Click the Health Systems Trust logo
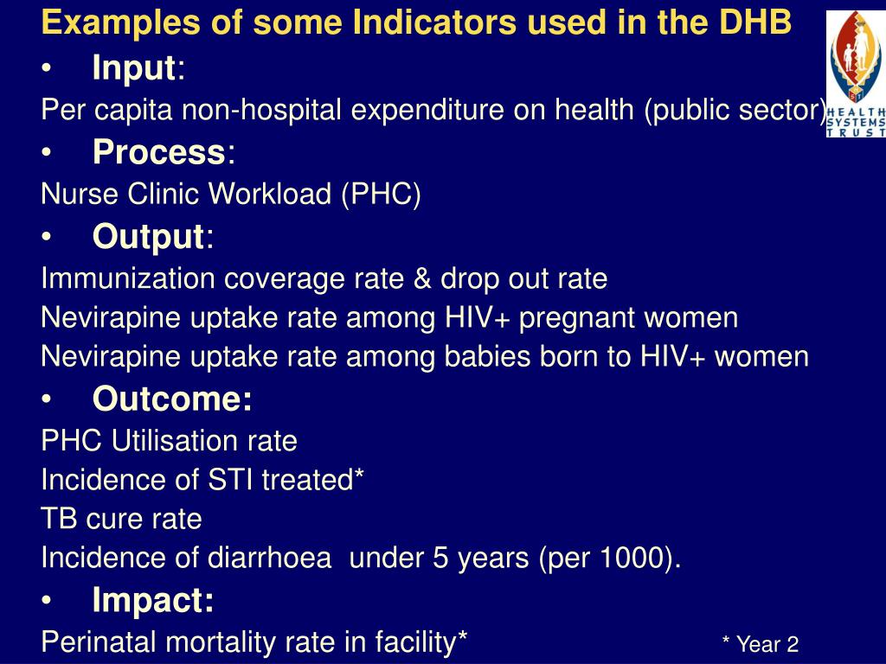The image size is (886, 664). tap(856, 74)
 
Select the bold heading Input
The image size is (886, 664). tap(134, 68)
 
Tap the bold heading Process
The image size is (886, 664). tap(158, 152)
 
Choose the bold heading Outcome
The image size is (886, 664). tap(172, 399)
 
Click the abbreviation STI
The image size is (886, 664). tap(227, 480)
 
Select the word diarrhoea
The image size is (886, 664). tap(269, 559)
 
